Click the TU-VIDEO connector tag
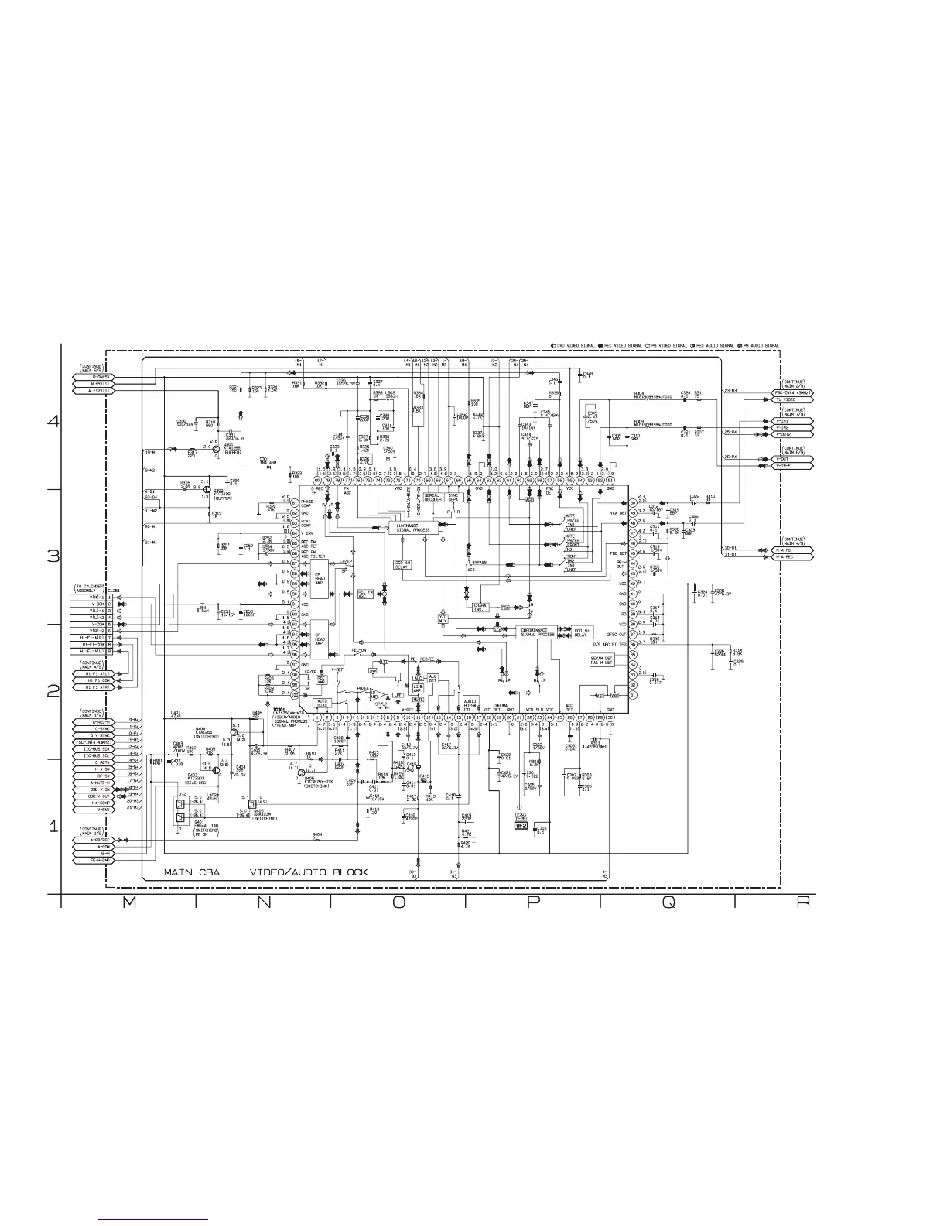(793, 399)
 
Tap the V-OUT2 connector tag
(793, 434)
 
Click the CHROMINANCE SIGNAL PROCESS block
(537, 632)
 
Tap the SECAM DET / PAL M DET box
(600, 661)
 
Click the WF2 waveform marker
(521, 826)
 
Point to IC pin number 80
(317, 481)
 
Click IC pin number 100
(295, 695)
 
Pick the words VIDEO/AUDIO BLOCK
(308, 872)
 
